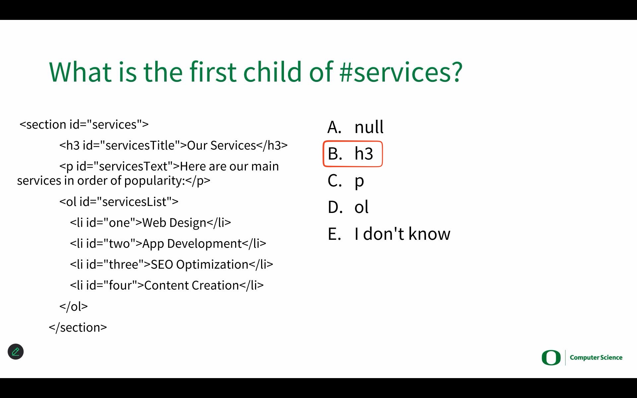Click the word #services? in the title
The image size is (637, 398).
click(x=401, y=72)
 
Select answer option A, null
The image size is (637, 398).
click(x=356, y=127)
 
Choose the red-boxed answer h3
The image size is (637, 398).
click(x=353, y=154)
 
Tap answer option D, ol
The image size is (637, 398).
click(x=348, y=207)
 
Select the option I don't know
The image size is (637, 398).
click(x=389, y=233)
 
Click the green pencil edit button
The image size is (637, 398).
click(x=16, y=352)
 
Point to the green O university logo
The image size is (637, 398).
click(x=551, y=358)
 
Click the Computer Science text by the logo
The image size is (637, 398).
click(x=596, y=358)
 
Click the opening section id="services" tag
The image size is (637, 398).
click(x=84, y=124)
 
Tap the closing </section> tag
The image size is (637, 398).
click(x=78, y=327)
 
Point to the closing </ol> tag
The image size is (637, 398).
click(x=74, y=306)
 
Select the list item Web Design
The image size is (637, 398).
click(x=150, y=223)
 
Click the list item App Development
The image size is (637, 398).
click(x=168, y=243)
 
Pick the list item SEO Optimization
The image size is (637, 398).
click(x=172, y=264)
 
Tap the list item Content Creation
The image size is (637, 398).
click(x=167, y=285)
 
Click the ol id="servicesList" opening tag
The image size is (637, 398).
click(x=119, y=202)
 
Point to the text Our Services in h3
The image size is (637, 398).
click(x=222, y=145)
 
